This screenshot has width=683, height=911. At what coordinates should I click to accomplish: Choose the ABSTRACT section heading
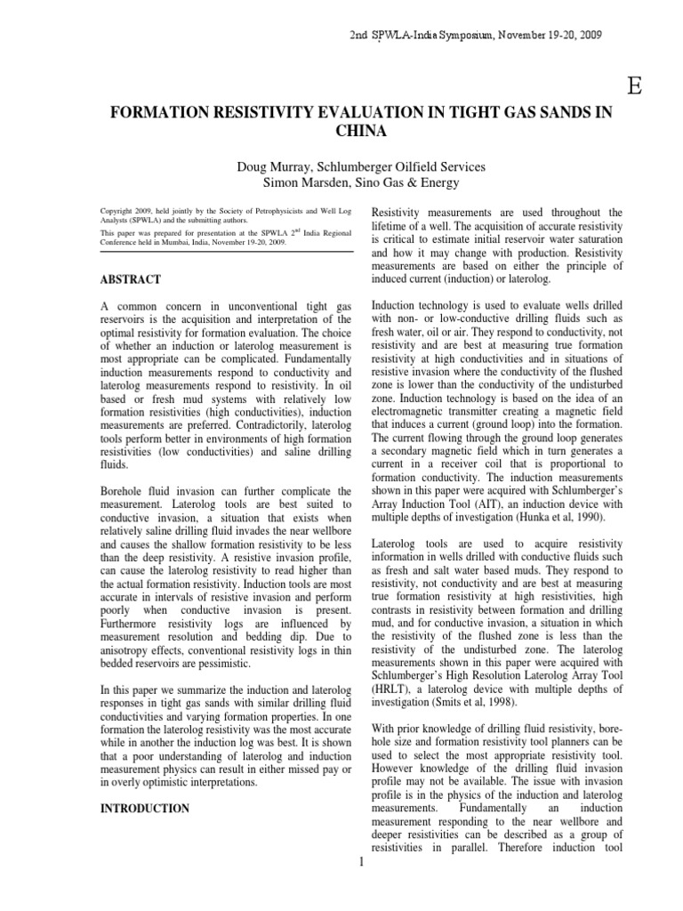[132, 279]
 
